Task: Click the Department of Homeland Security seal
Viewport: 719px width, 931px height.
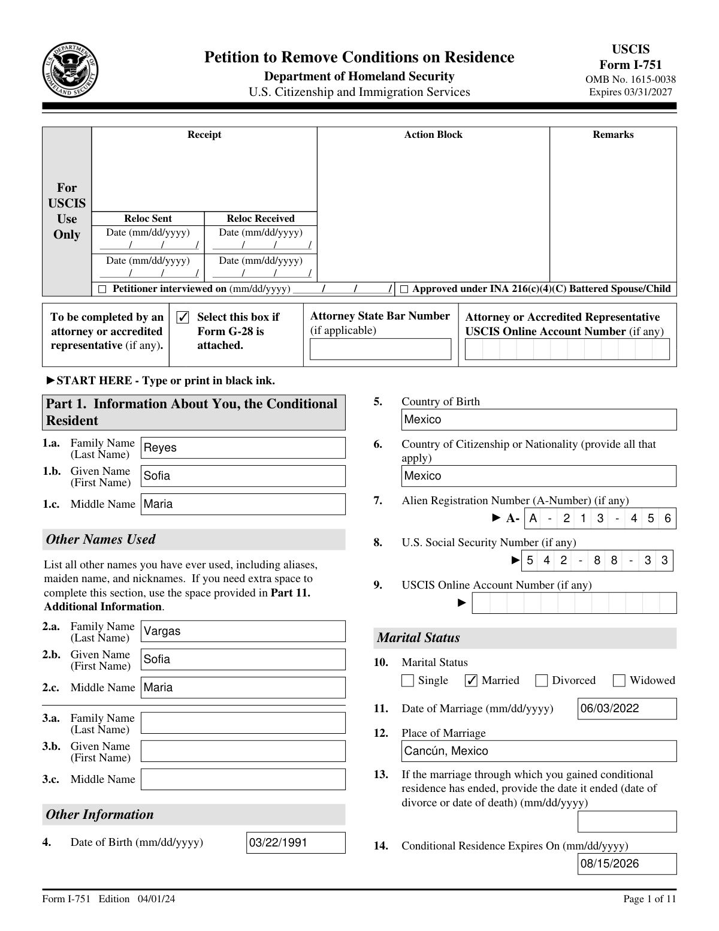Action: point(71,71)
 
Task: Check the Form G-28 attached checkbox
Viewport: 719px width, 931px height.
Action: point(183,317)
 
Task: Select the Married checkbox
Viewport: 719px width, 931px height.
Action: point(472,680)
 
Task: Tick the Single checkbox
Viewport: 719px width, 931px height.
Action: point(408,680)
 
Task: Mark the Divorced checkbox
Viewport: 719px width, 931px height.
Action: point(542,680)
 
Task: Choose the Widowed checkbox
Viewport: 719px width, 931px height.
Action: point(620,680)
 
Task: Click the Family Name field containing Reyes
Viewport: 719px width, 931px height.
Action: point(243,448)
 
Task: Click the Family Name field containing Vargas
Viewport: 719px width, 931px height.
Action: point(243,631)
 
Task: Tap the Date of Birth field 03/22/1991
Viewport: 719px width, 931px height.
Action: point(295,843)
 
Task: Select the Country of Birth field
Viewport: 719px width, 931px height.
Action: point(538,420)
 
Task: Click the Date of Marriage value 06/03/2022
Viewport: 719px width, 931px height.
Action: point(627,709)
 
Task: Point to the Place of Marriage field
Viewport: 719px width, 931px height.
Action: point(538,751)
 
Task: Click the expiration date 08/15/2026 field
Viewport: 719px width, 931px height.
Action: point(627,864)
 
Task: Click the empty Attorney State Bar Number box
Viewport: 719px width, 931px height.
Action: point(380,349)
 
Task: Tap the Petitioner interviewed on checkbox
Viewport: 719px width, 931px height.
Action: point(102,290)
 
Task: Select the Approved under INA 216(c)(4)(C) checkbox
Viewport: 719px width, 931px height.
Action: point(404,290)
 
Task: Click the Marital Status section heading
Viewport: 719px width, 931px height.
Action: point(418,638)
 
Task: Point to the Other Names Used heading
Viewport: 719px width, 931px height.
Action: point(101,540)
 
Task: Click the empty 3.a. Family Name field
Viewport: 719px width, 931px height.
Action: point(243,723)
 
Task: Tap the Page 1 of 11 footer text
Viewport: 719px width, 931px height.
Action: point(649,899)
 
